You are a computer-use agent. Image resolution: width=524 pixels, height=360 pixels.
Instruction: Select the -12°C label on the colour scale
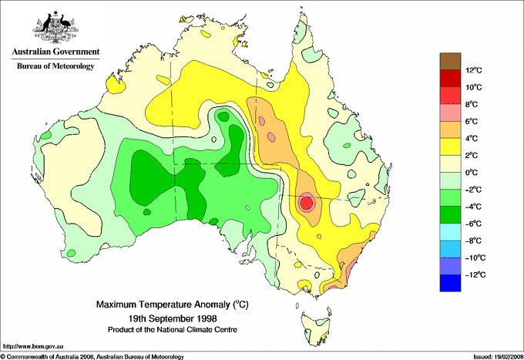click(x=472, y=274)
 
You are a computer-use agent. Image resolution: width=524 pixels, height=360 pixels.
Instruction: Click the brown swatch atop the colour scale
click(x=449, y=61)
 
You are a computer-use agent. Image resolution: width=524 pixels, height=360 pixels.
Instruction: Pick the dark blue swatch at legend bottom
click(x=449, y=283)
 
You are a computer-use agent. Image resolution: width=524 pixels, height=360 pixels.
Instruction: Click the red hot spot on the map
click(x=306, y=204)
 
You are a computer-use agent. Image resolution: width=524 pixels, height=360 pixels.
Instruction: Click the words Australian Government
click(x=55, y=52)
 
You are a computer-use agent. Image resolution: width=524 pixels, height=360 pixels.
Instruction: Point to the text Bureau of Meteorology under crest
click(x=55, y=66)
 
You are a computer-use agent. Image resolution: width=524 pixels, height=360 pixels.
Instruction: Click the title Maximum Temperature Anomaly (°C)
click(x=173, y=304)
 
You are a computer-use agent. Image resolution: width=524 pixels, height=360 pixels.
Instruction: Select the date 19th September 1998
click(x=173, y=318)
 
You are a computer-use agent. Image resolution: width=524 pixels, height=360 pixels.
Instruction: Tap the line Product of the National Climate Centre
click(x=173, y=329)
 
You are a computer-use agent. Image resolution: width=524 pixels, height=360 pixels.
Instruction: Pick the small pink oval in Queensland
click(x=261, y=120)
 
